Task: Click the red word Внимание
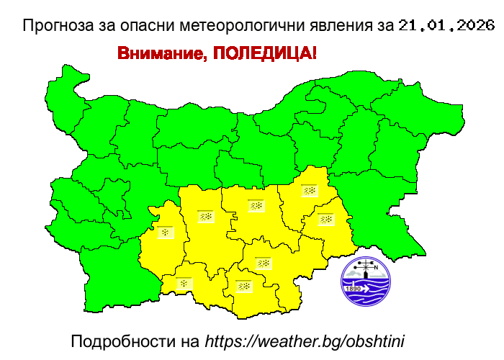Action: pyautogui.click(x=160, y=54)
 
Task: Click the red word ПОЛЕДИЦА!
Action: pyautogui.click(x=264, y=54)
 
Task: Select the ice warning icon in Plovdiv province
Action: pyautogui.click(x=205, y=215)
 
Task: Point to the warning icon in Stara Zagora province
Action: pyautogui.click(x=256, y=205)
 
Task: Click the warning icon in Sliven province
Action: pyautogui.click(x=310, y=191)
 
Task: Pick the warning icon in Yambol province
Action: pyautogui.click(x=326, y=219)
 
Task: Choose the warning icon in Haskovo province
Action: pyautogui.click(x=264, y=263)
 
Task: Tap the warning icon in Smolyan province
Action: pyautogui.click(x=184, y=284)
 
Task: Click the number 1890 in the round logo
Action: pyautogui.click(x=354, y=289)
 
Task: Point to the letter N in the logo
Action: pyautogui.click(x=375, y=268)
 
